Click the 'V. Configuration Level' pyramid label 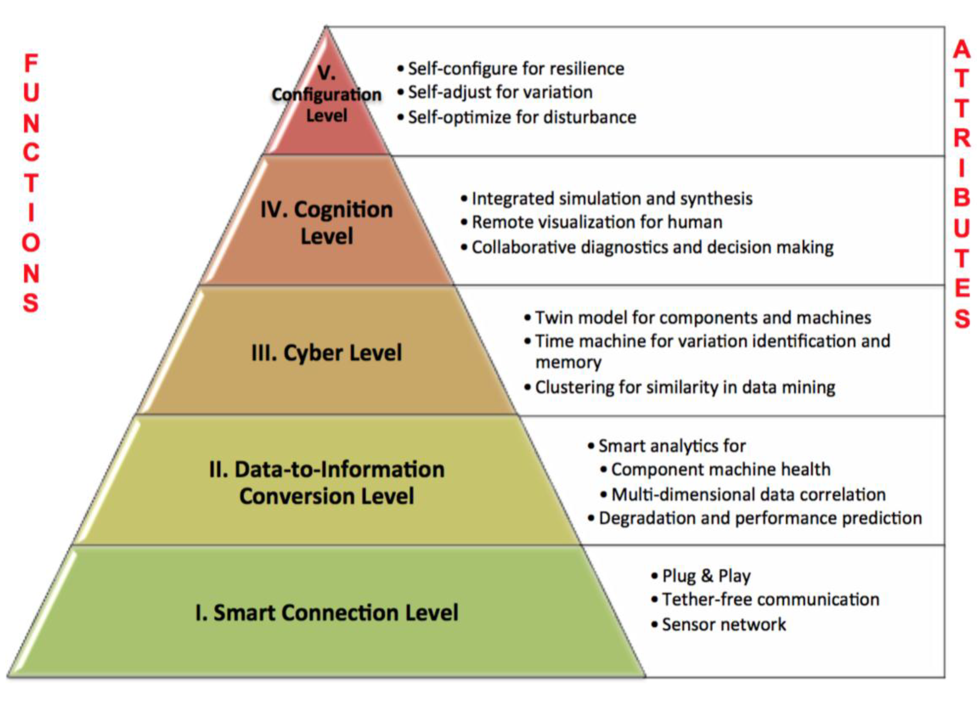coord(327,94)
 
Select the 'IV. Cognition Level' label coord(327,223)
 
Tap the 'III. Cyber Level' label coord(327,352)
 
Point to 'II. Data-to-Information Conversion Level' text coord(327,482)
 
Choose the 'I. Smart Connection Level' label coord(327,612)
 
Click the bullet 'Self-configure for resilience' coord(516,69)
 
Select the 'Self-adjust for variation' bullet coord(500,92)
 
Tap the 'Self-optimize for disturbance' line coord(522,117)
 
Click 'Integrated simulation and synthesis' coord(612,199)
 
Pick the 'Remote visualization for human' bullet coord(597,223)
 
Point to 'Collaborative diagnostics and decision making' coord(652,247)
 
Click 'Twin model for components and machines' coord(703,318)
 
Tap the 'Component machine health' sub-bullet coord(720,469)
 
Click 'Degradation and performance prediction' coord(760,518)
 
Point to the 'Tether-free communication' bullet coord(770,600)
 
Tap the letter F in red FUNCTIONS coord(31,63)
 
